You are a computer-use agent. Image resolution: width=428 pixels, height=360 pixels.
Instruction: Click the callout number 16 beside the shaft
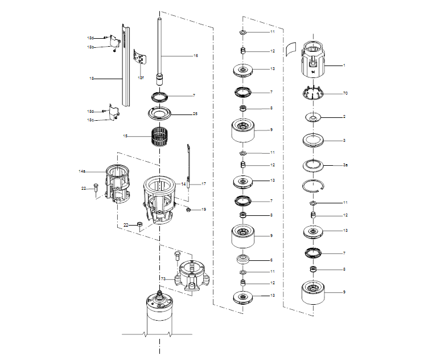pos(196,56)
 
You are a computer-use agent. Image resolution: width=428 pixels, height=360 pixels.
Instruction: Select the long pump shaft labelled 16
pos(160,51)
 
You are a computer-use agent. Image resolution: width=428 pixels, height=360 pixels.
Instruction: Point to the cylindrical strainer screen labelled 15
pos(160,137)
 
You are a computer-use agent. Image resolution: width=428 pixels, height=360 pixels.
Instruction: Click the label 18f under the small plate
pos(141,77)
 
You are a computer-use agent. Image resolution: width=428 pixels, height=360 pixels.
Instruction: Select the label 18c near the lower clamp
pos(90,120)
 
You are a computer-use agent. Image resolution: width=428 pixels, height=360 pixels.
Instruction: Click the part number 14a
pos(82,171)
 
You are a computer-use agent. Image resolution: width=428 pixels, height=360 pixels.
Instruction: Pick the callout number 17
pos(203,184)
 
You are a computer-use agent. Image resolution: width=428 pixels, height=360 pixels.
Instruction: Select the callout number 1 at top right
pos(344,66)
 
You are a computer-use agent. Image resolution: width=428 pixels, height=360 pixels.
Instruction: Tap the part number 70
pos(345,93)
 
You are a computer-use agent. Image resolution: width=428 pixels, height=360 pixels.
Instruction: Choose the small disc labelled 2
pos(313,117)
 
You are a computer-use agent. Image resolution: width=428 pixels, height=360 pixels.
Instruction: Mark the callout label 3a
pos(345,165)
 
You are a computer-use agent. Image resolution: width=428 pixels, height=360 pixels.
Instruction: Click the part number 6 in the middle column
pos(271,260)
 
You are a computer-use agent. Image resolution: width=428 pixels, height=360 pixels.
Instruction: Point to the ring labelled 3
pos(313,140)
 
